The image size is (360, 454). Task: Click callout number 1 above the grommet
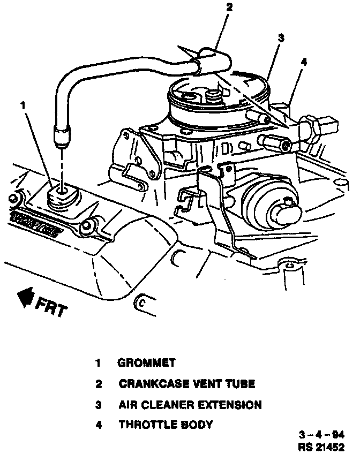pos(22,105)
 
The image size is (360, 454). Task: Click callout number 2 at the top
pos(229,7)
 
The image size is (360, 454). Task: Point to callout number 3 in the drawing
pos(281,38)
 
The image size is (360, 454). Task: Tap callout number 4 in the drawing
pos(304,62)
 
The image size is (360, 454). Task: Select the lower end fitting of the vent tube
pos(61,132)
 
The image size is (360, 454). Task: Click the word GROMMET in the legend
pos(146,363)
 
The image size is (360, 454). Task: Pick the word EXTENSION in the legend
pos(234,405)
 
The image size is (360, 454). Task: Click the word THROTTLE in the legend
pos(145,425)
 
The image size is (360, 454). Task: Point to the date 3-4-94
pos(322,434)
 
